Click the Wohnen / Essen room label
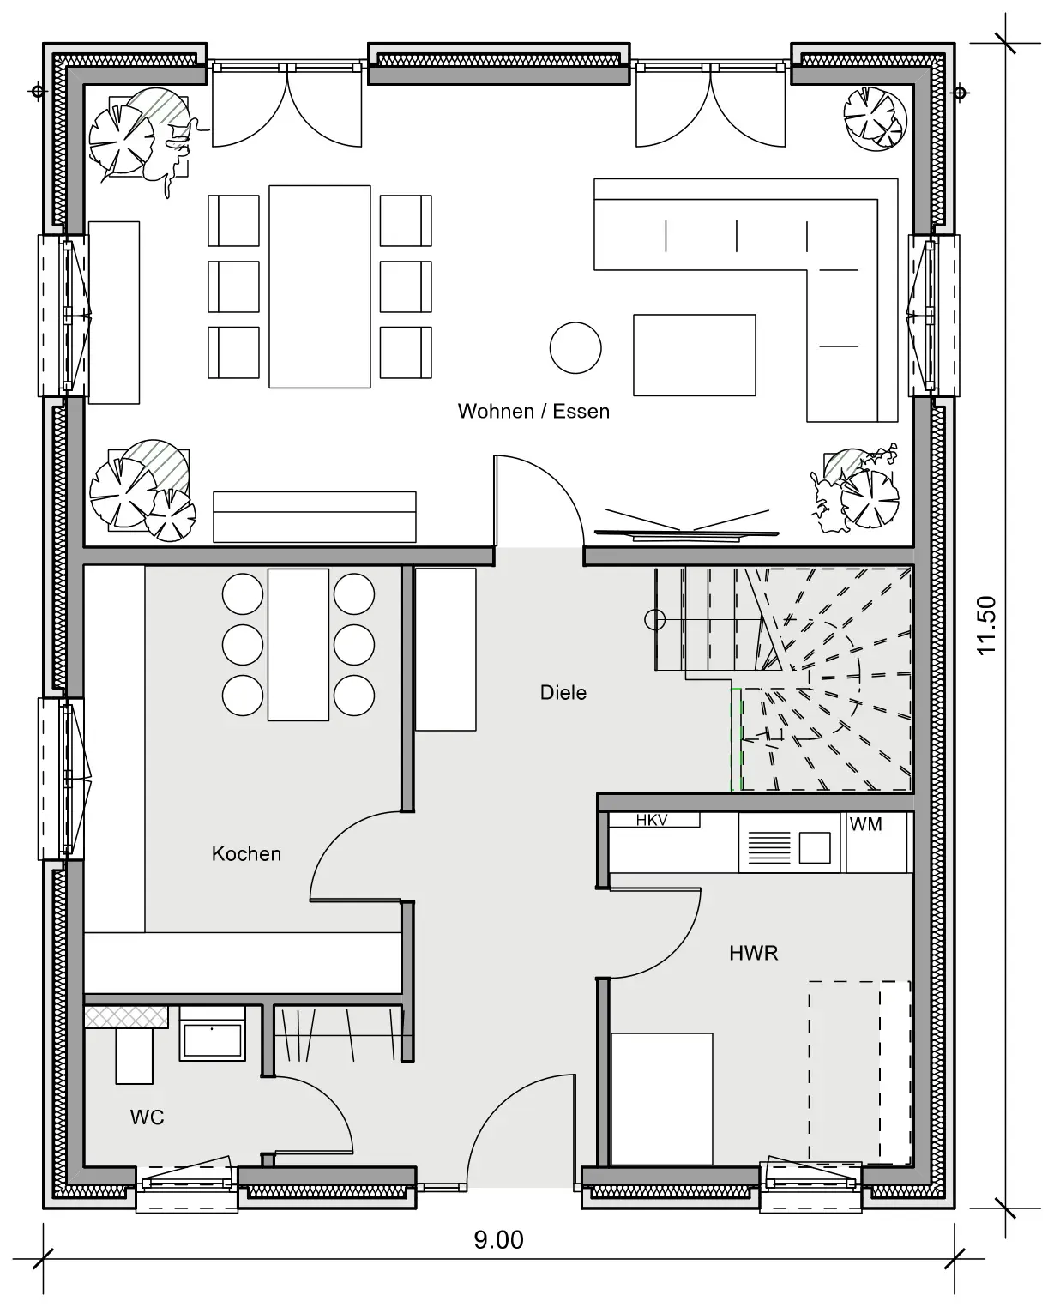tap(533, 412)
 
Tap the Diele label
tap(563, 692)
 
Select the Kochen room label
tap(246, 854)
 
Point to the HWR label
tap(753, 953)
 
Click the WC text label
tap(147, 1117)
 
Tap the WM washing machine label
tap(865, 824)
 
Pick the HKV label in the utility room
tap(652, 821)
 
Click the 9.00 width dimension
tap(499, 1239)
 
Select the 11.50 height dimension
tap(986, 625)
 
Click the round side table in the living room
tap(575, 348)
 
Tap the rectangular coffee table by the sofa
tap(695, 355)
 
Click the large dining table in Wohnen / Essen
tap(320, 286)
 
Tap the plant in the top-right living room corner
tap(875, 119)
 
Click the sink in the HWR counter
tap(815, 847)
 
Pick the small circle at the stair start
tap(655, 620)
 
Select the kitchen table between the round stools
tap(298, 645)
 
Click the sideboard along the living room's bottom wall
tap(315, 517)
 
